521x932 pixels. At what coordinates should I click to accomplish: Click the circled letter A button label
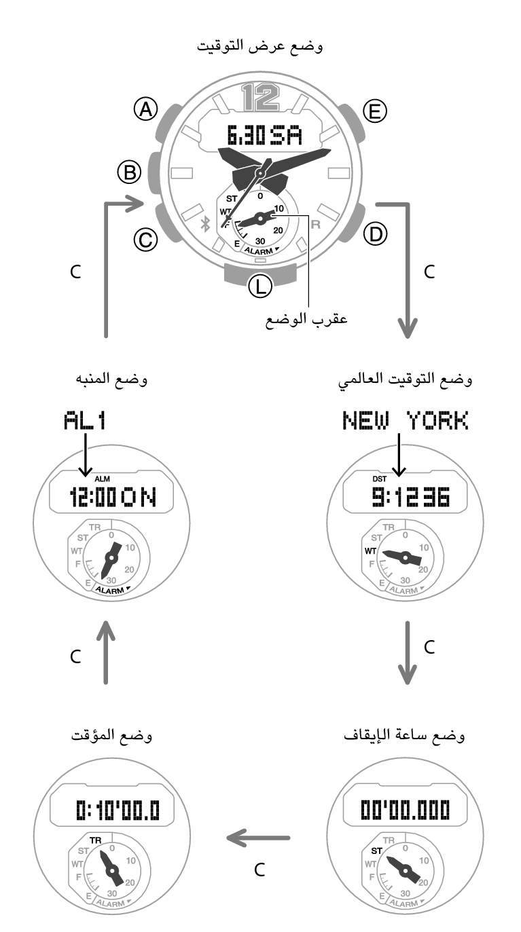coord(146,109)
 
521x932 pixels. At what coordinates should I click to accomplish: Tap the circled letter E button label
coord(375,111)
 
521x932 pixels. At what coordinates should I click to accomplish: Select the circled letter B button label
coord(130,172)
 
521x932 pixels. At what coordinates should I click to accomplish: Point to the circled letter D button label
coord(375,234)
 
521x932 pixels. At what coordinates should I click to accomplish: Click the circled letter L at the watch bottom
coord(260,286)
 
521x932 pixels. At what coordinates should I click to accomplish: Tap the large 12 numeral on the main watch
coord(261,97)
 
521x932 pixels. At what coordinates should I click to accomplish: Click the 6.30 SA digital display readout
coord(264,135)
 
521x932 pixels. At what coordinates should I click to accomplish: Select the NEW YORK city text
coord(406,420)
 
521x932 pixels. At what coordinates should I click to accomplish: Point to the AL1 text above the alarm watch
coord(84,420)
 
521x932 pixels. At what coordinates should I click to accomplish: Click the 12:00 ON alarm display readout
coord(113,497)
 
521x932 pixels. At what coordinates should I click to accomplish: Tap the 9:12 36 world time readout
coord(411,497)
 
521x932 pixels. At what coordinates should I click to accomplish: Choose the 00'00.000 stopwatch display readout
coord(406,809)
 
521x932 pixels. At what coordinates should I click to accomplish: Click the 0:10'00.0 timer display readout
coord(118,810)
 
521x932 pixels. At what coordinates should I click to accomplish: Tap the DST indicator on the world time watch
coord(380,479)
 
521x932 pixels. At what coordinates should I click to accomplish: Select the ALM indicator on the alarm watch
coord(102,479)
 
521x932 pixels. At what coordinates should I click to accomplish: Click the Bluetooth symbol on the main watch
coord(204,225)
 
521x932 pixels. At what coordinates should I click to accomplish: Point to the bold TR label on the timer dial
coord(95,840)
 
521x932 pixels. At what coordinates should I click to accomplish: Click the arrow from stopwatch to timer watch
coord(258,838)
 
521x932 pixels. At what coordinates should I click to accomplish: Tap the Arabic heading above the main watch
coord(260,45)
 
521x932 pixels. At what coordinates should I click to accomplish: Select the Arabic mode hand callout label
coord(306,320)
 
